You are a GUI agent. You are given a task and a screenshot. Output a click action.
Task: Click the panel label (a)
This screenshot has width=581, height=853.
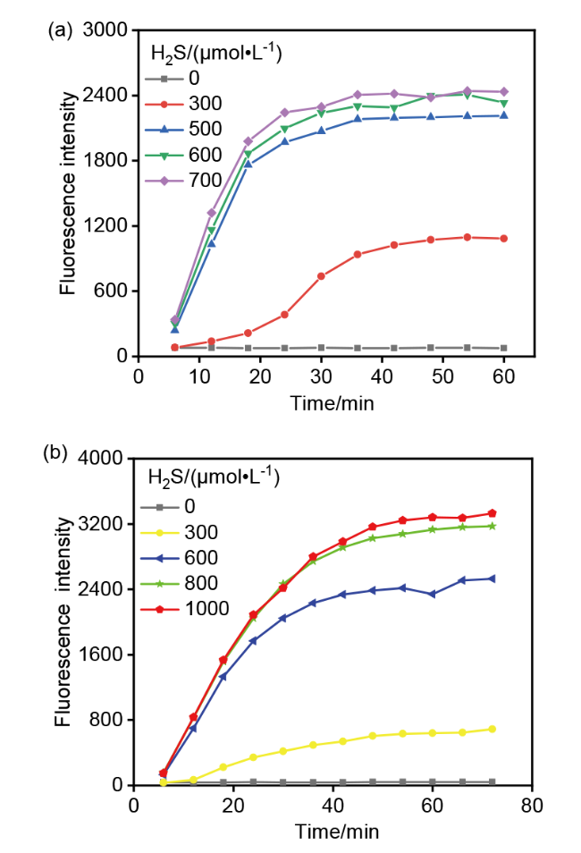60,30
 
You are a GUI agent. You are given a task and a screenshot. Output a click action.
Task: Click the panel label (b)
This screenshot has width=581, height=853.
55,453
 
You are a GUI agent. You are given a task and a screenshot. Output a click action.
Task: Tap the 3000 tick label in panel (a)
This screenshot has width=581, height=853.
105,30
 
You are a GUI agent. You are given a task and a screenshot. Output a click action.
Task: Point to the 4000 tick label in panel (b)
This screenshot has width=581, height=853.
101,458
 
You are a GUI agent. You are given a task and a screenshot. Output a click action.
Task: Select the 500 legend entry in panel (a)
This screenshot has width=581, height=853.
183,129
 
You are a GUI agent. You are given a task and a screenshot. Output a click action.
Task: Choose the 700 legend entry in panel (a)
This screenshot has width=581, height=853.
183,180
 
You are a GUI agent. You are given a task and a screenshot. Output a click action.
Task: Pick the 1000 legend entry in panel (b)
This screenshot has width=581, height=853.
185,609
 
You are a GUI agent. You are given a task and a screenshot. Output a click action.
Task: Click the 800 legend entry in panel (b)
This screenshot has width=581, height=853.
180,583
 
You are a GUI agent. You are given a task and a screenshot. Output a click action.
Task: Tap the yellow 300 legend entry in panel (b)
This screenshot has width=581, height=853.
180,532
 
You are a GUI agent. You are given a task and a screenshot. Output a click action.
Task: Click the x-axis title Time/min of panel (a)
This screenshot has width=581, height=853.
332,403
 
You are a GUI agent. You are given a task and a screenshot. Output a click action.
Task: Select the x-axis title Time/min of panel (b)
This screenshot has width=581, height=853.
337,832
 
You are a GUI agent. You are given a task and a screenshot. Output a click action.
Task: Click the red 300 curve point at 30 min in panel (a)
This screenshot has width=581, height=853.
321,276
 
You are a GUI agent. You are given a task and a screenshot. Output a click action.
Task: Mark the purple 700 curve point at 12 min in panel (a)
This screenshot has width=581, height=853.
211,213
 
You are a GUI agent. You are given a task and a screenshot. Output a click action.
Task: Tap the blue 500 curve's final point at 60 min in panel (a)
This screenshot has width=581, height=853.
504,115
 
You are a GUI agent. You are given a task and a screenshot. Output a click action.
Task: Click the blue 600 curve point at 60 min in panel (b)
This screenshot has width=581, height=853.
433,594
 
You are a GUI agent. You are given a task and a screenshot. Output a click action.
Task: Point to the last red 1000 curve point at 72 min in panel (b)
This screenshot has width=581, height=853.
493,513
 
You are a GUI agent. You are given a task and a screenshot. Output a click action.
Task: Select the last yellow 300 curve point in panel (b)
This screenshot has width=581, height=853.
493,729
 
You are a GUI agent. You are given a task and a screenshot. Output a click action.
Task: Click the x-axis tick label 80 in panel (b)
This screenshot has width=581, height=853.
532,806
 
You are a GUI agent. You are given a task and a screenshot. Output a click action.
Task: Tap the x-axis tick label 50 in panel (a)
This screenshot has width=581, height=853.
442,376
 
